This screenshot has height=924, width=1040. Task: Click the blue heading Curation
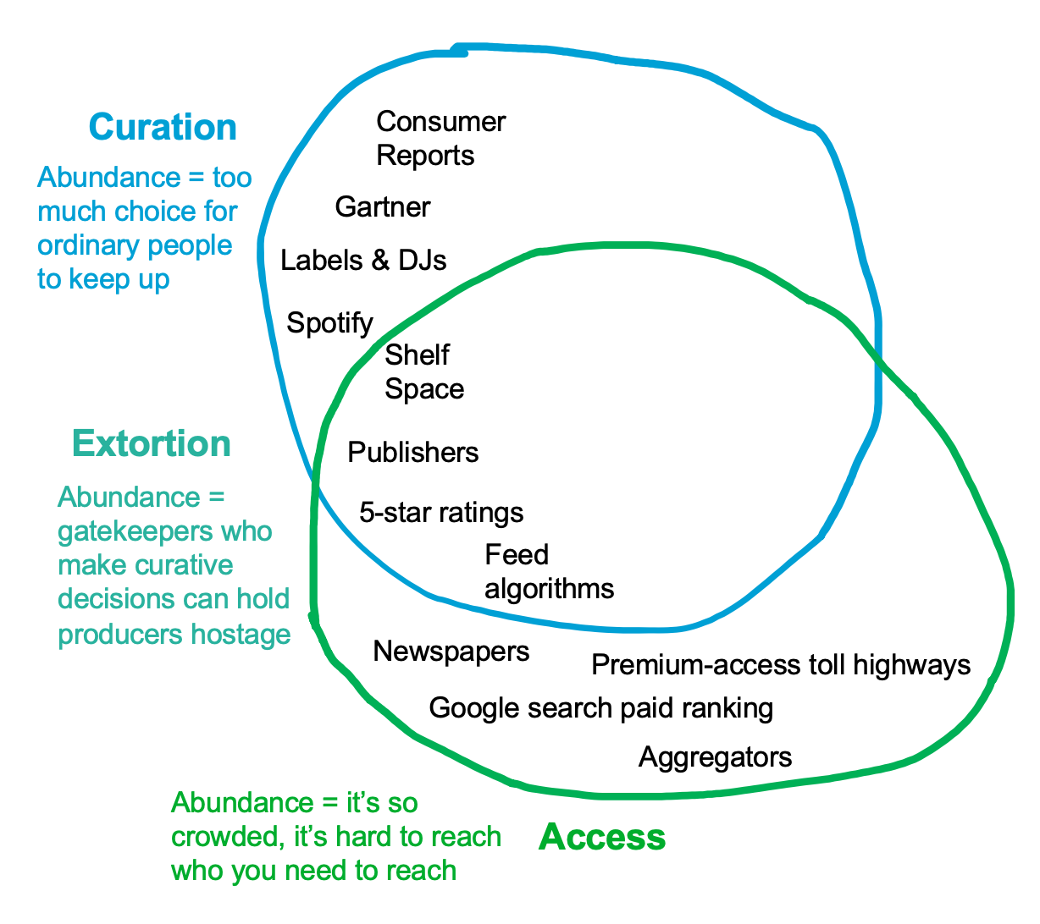point(163,128)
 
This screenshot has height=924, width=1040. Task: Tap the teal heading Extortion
point(152,444)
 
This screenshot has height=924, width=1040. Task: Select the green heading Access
point(602,837)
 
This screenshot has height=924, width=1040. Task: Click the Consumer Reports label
point(440,139)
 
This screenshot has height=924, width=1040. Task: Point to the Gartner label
point(383,207)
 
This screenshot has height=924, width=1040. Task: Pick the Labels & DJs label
point(363,261)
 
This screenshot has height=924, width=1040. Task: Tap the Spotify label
point(329,323)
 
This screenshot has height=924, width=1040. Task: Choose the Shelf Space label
point(424,372)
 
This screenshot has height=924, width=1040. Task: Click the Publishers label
point(413,453)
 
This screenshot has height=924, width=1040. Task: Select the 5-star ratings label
point(441,513)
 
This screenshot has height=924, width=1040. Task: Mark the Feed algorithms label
point(549,572)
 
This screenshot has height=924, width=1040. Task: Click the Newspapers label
point(451,652)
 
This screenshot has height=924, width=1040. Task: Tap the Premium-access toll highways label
point(781,665)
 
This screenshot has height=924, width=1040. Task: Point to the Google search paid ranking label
point(601,708)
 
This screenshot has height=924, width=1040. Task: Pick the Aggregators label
point(716,756)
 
